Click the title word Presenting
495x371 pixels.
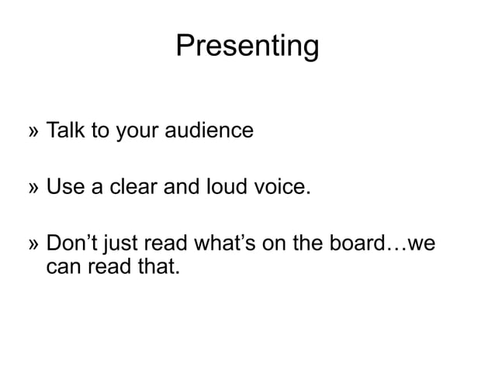[247, 47]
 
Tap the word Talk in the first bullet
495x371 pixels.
[65, 130]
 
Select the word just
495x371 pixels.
[126, 246]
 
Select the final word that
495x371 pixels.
[160, 269]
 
